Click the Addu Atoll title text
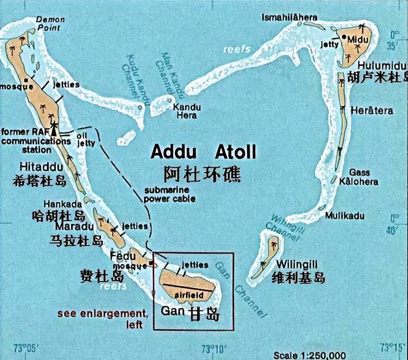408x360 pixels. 204,152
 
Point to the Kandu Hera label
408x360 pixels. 186,111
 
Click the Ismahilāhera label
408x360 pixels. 289,18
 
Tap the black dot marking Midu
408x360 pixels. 344,38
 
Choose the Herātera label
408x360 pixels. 372,111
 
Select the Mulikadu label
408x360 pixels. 345,216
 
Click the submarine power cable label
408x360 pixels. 170,194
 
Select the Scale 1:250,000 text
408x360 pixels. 310,355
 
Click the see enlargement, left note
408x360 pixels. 103,318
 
